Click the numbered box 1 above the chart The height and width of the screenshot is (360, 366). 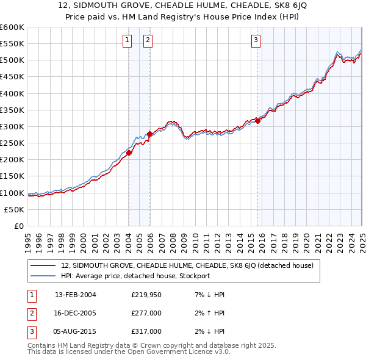coord(127,41)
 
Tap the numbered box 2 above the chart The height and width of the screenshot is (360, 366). coord(148,41)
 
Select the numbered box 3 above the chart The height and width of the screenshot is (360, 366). coord(256,41)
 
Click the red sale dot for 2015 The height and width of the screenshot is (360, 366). coord(258,121)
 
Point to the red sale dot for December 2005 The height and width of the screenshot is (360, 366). coord(150,134)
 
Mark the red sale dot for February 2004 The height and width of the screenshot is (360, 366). coord(129,153)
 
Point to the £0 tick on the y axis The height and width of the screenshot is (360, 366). coord(20,226)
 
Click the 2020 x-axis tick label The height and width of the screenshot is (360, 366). coord(307,238)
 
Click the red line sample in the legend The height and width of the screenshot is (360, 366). coord(43,265)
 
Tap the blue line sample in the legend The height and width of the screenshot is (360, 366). coord(43,276)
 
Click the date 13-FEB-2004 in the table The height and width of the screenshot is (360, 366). coord(76,295)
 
